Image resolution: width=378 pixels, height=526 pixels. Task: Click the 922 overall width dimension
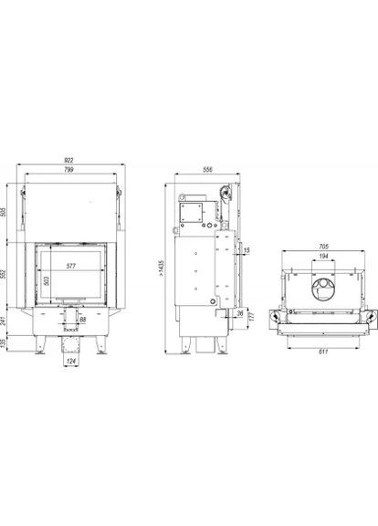point(69,160)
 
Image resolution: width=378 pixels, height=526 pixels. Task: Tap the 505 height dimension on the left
point(9,212)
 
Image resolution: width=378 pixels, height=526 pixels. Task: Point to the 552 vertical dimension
point(9,275)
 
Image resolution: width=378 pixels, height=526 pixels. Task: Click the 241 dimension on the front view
point(9,321)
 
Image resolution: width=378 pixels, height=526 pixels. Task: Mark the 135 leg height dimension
point(9,343)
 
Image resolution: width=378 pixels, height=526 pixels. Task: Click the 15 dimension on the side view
point(247,250)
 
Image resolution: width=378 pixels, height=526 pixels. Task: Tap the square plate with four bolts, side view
point(193,211)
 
